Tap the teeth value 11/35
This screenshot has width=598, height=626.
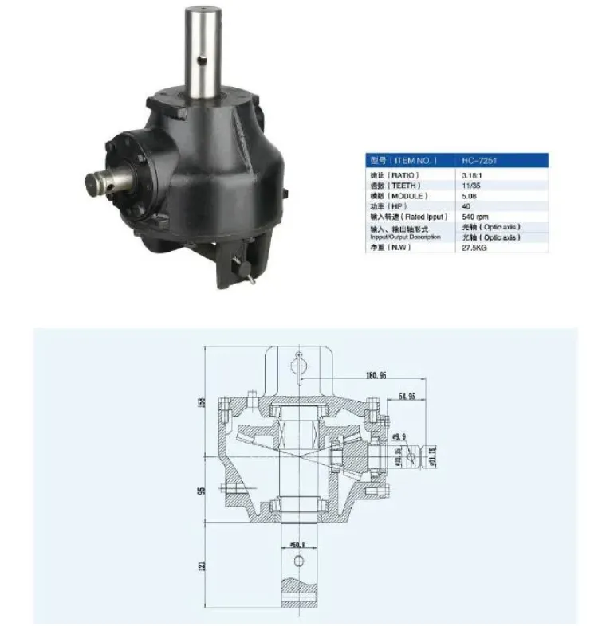(x=470, y=185)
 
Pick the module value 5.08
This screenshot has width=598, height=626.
(x=469, y=195)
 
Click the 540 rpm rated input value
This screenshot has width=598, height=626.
(x=474, y=216)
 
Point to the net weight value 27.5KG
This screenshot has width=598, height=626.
(x=474, y=248)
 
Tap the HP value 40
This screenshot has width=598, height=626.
(x=466, y=205)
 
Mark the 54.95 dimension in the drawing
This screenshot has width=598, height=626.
(x=407, y=395)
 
